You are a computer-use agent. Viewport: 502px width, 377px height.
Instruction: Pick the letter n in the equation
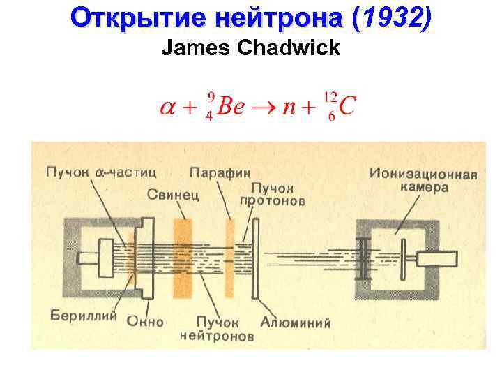tap(289, 108)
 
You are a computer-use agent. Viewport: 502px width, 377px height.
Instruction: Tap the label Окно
tap(146, 322)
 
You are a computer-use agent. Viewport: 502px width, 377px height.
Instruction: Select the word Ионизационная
tap(423, 174)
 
